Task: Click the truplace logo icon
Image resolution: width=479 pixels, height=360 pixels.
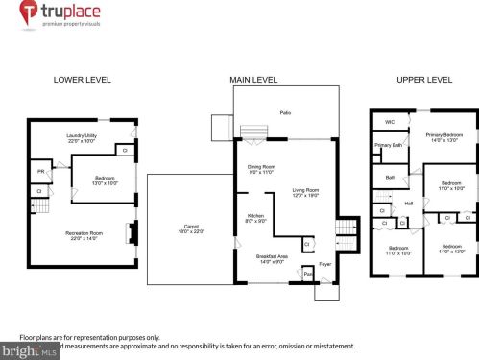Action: pyautogui.click(x=29, y=12)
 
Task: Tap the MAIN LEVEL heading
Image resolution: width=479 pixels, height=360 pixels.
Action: pyautogui.click(x=254, y=79)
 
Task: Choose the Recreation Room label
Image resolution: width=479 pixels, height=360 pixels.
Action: pyautogui.click(x=84, y=232)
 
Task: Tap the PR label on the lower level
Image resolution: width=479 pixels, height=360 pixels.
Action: pyautogui.click(x=41, y=173)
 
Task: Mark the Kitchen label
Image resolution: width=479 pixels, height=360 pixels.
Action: pyautogui.click(x=255, y=217)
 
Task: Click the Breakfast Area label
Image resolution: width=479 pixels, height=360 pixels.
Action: pyautogui.click(x=272, y=257)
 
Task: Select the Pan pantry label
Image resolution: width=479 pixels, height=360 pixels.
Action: pyautogui.click(x=308, y=275)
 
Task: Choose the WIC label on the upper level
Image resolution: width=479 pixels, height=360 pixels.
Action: pyautogui.click(x=390, y=122)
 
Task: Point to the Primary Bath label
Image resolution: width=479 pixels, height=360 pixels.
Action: pyautogui.click(x=389, y=145)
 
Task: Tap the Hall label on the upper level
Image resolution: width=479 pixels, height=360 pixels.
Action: pyautogui.click(x=409, y=203)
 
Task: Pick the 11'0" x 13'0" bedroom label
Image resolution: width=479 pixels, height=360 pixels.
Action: pyautogui.click(x=452, y=250)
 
